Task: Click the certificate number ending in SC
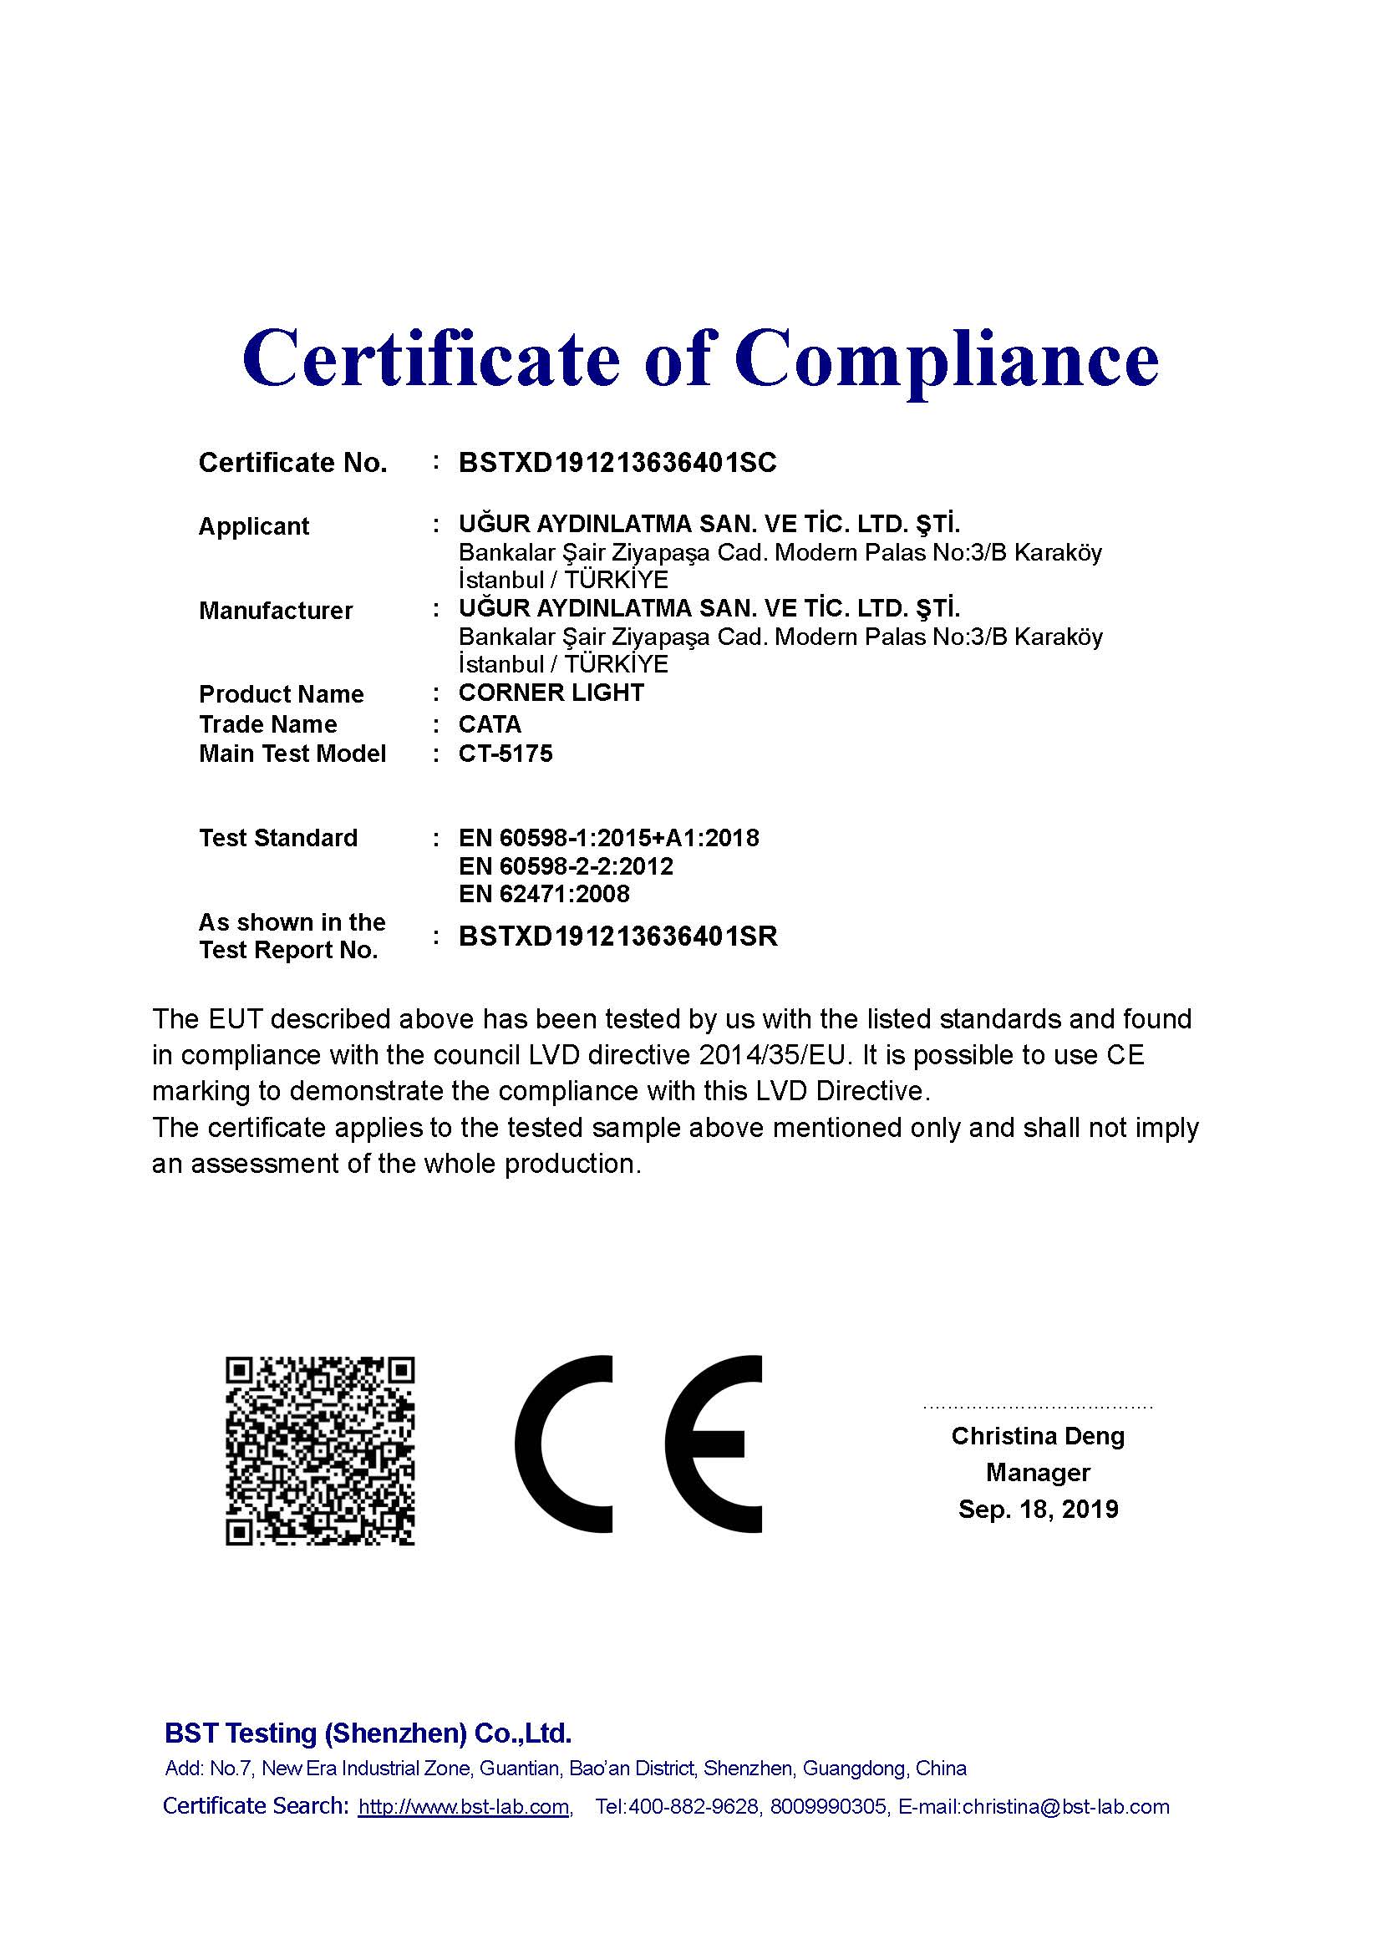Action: pos(617,463)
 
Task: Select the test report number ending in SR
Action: pos(617,937)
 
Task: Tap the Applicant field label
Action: pos(254,527)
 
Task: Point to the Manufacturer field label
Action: pos(276,611)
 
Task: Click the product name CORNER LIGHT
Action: pos(551,693)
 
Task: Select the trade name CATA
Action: pos(490,724)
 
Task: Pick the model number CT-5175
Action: pos(506,754)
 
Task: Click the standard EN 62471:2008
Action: pos(544,895)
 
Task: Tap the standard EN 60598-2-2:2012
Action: pos(566,866)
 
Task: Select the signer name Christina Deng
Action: pos(1038,1437)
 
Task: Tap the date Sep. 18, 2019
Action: pos(1038,1510)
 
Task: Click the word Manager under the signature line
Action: pos(1038,1473)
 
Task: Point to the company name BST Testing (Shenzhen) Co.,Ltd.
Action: pos(368,1733)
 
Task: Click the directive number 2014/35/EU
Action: pos(775,1056)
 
